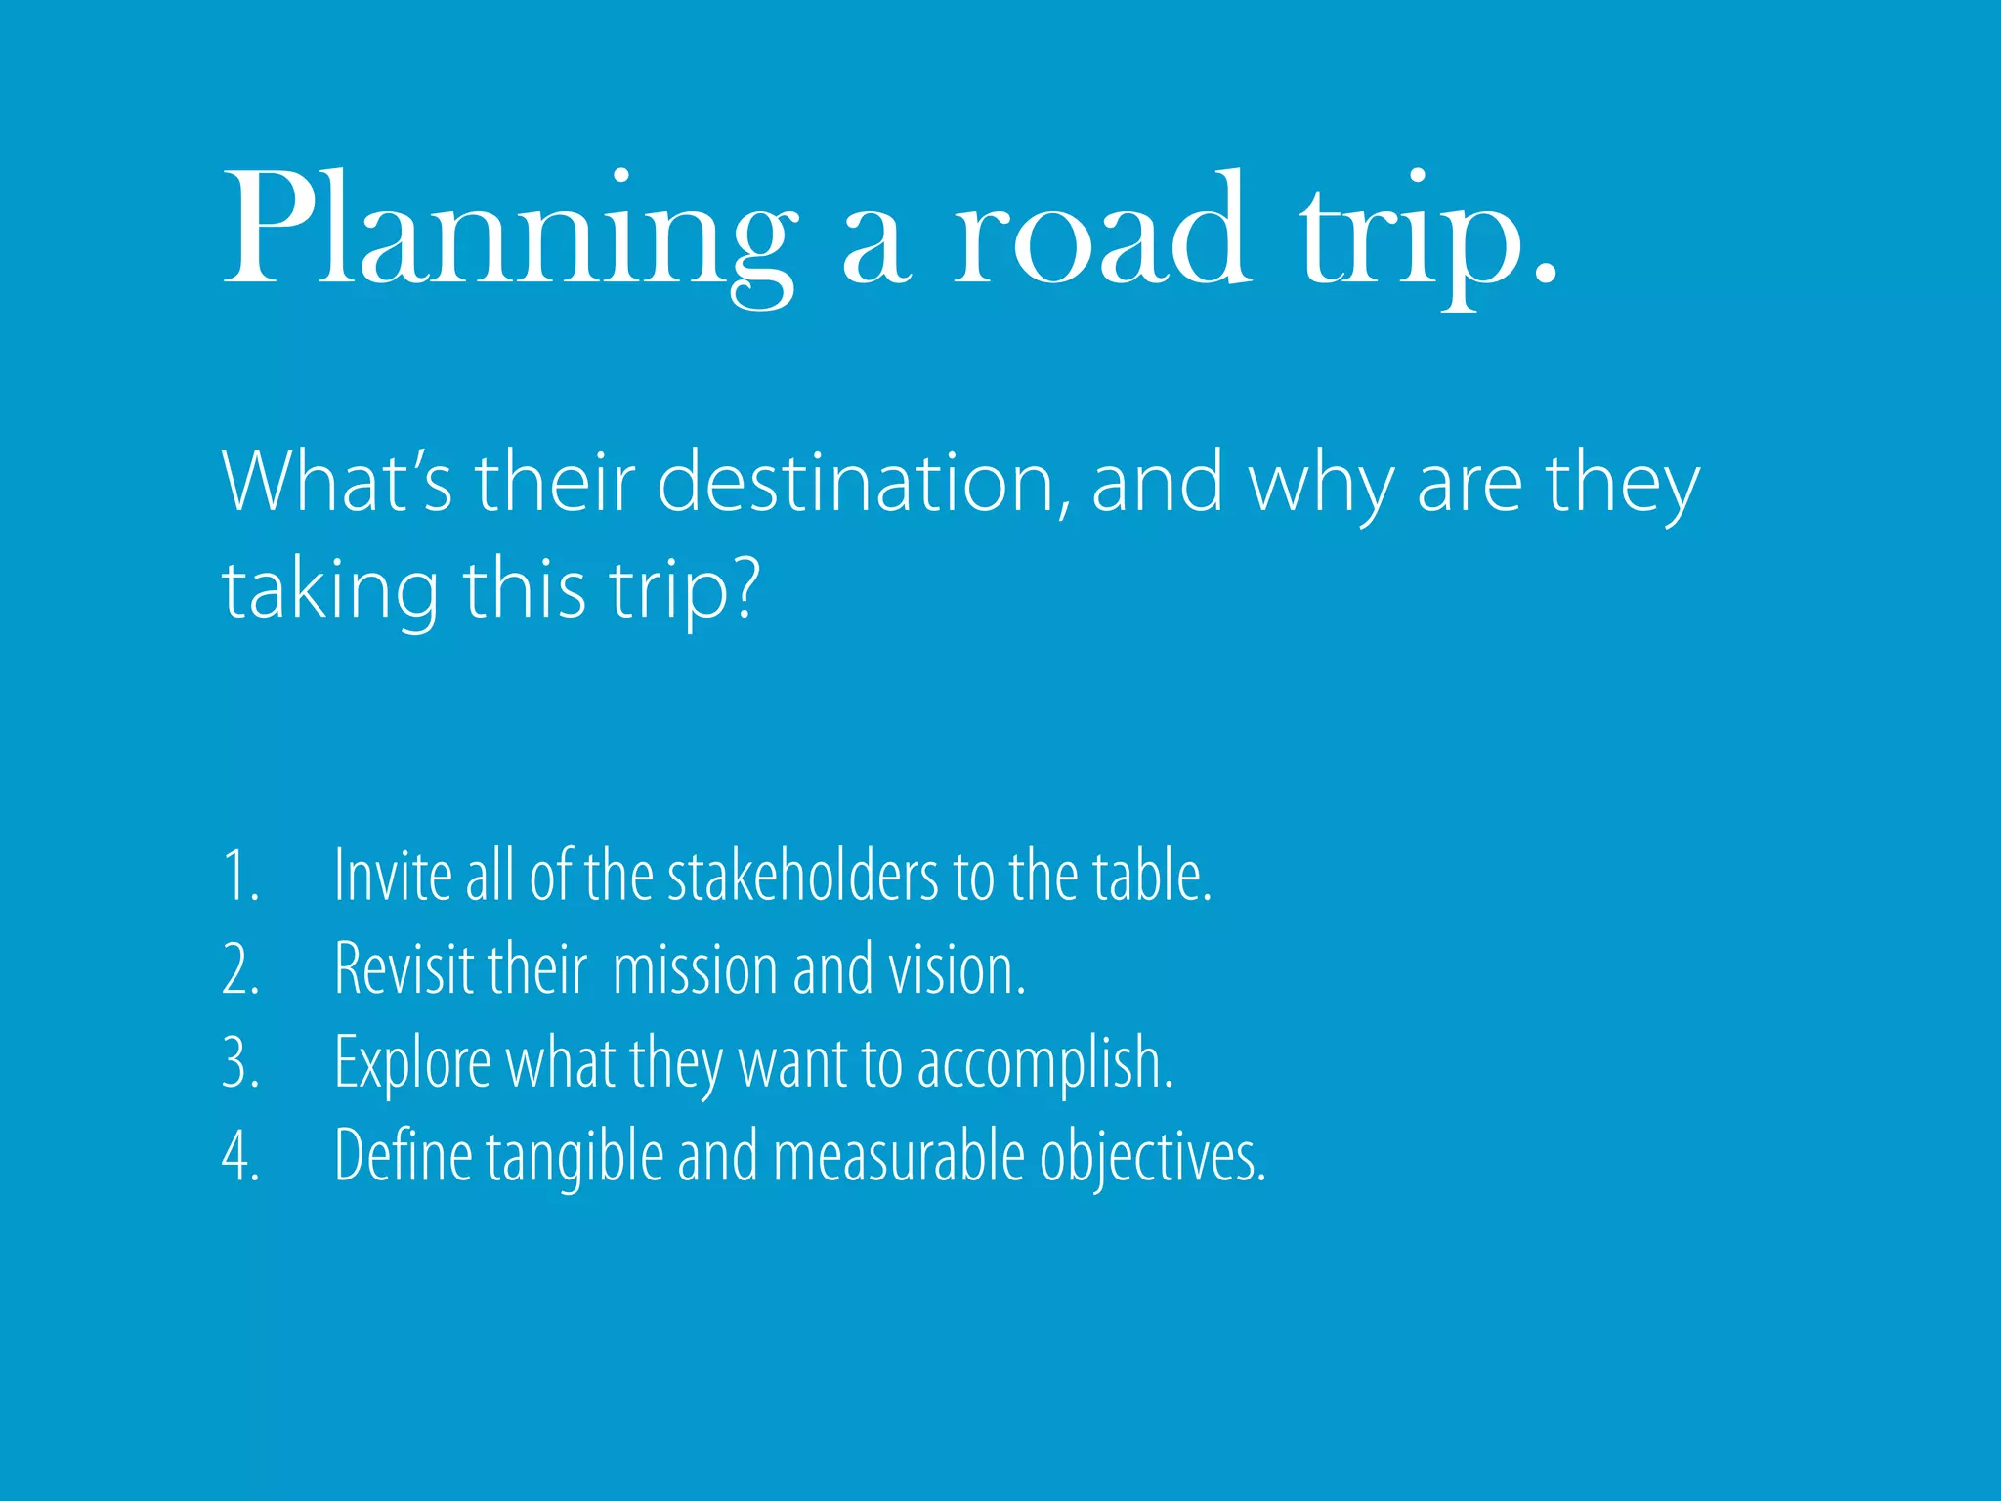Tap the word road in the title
1100,231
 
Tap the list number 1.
238,876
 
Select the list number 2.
240,969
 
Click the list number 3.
240,1063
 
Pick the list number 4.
240,1157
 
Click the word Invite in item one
392,875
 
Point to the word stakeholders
802,875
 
